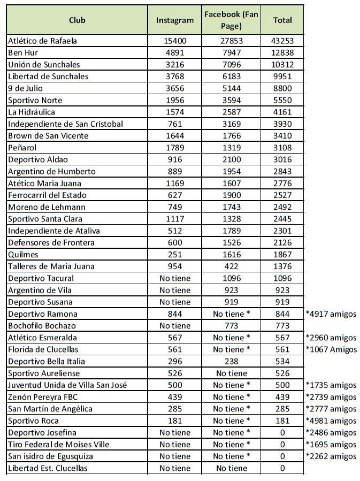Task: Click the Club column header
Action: [x=77, y=20]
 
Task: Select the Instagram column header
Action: [x=174, y=20]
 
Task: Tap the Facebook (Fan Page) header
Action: [x=231, y=20]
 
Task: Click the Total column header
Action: [x=282, y=20]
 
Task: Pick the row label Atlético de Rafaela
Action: [x=43, y=41]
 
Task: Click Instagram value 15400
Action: [x=174, y=41]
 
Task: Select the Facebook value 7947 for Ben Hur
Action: [x=231, y=52]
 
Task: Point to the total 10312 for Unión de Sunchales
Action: [x=282, y=64]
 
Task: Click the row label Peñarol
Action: [x=22, y=148]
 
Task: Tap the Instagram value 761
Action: [x=174, y=124]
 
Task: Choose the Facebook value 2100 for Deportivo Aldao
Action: [x=231, y=159]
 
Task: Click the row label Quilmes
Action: [x=23, y=255]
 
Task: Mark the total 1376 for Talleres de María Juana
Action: [x=282, y=266]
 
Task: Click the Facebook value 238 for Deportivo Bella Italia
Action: [x=231, y=361]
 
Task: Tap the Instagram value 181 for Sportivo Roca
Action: [x=174, y=421]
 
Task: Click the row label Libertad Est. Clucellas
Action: [x=48, y=468]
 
